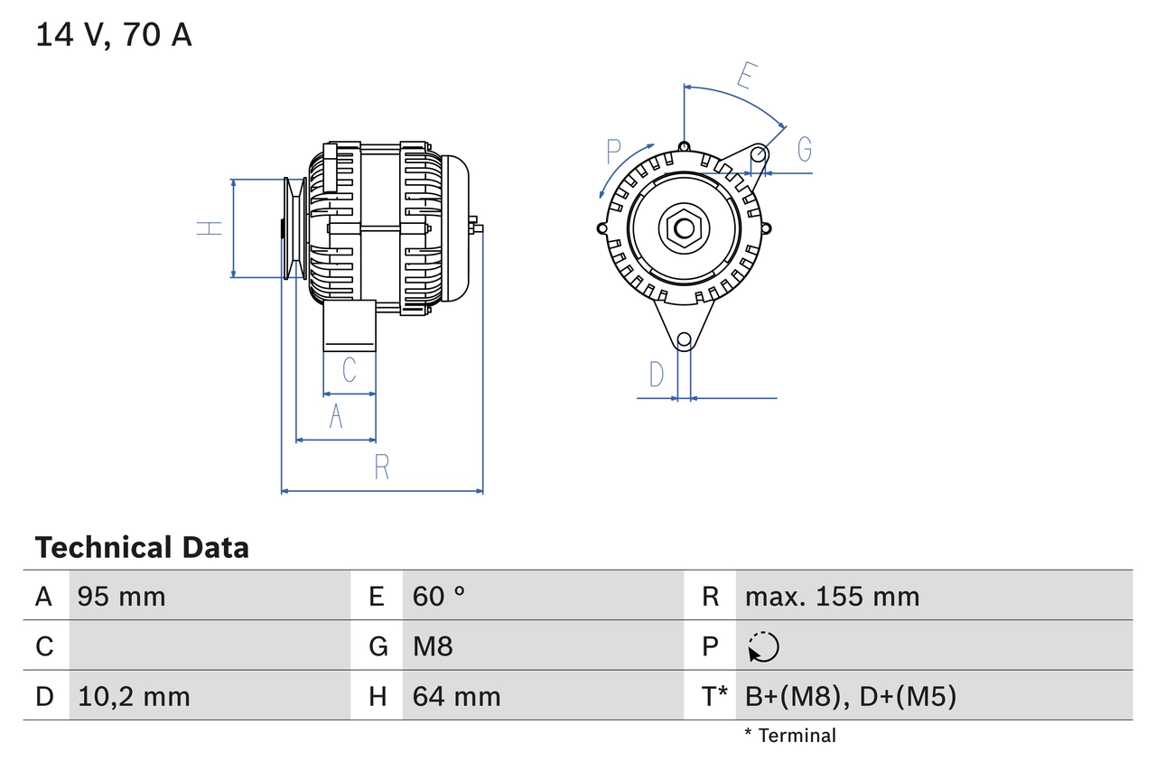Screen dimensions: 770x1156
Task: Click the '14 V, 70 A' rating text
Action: click(x=114, y=35)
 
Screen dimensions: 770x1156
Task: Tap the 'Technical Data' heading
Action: click(x=142, y=548)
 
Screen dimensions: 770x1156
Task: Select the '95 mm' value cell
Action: click(x=122, y=596)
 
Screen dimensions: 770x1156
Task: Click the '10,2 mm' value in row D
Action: click(x=134, y=696)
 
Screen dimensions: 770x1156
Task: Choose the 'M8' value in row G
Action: click(x=433, y=646)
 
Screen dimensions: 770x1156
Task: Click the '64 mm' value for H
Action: click(x=456, y=696)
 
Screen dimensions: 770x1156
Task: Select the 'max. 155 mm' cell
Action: click(x=832, y=596)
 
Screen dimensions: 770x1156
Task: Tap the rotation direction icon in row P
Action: click(x=763, y=647)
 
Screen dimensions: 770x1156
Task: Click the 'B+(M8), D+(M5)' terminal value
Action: click(x=850, y=696)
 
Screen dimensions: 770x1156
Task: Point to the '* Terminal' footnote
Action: click(x=790, y=736)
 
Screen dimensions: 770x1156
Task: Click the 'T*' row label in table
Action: click(x=713, y=696)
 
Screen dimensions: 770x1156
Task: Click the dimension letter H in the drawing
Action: click(x=210, y=227)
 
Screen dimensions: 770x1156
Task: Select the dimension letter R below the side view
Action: click(x=382, y=467)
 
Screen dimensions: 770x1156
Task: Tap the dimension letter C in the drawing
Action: click(x=349, y=369)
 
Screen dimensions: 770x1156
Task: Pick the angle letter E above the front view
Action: click(x=744, y=77)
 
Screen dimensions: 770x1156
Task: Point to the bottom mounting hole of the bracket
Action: click(x=685, y=340)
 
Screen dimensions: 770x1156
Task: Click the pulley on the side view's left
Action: click(x=294, y=227)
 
